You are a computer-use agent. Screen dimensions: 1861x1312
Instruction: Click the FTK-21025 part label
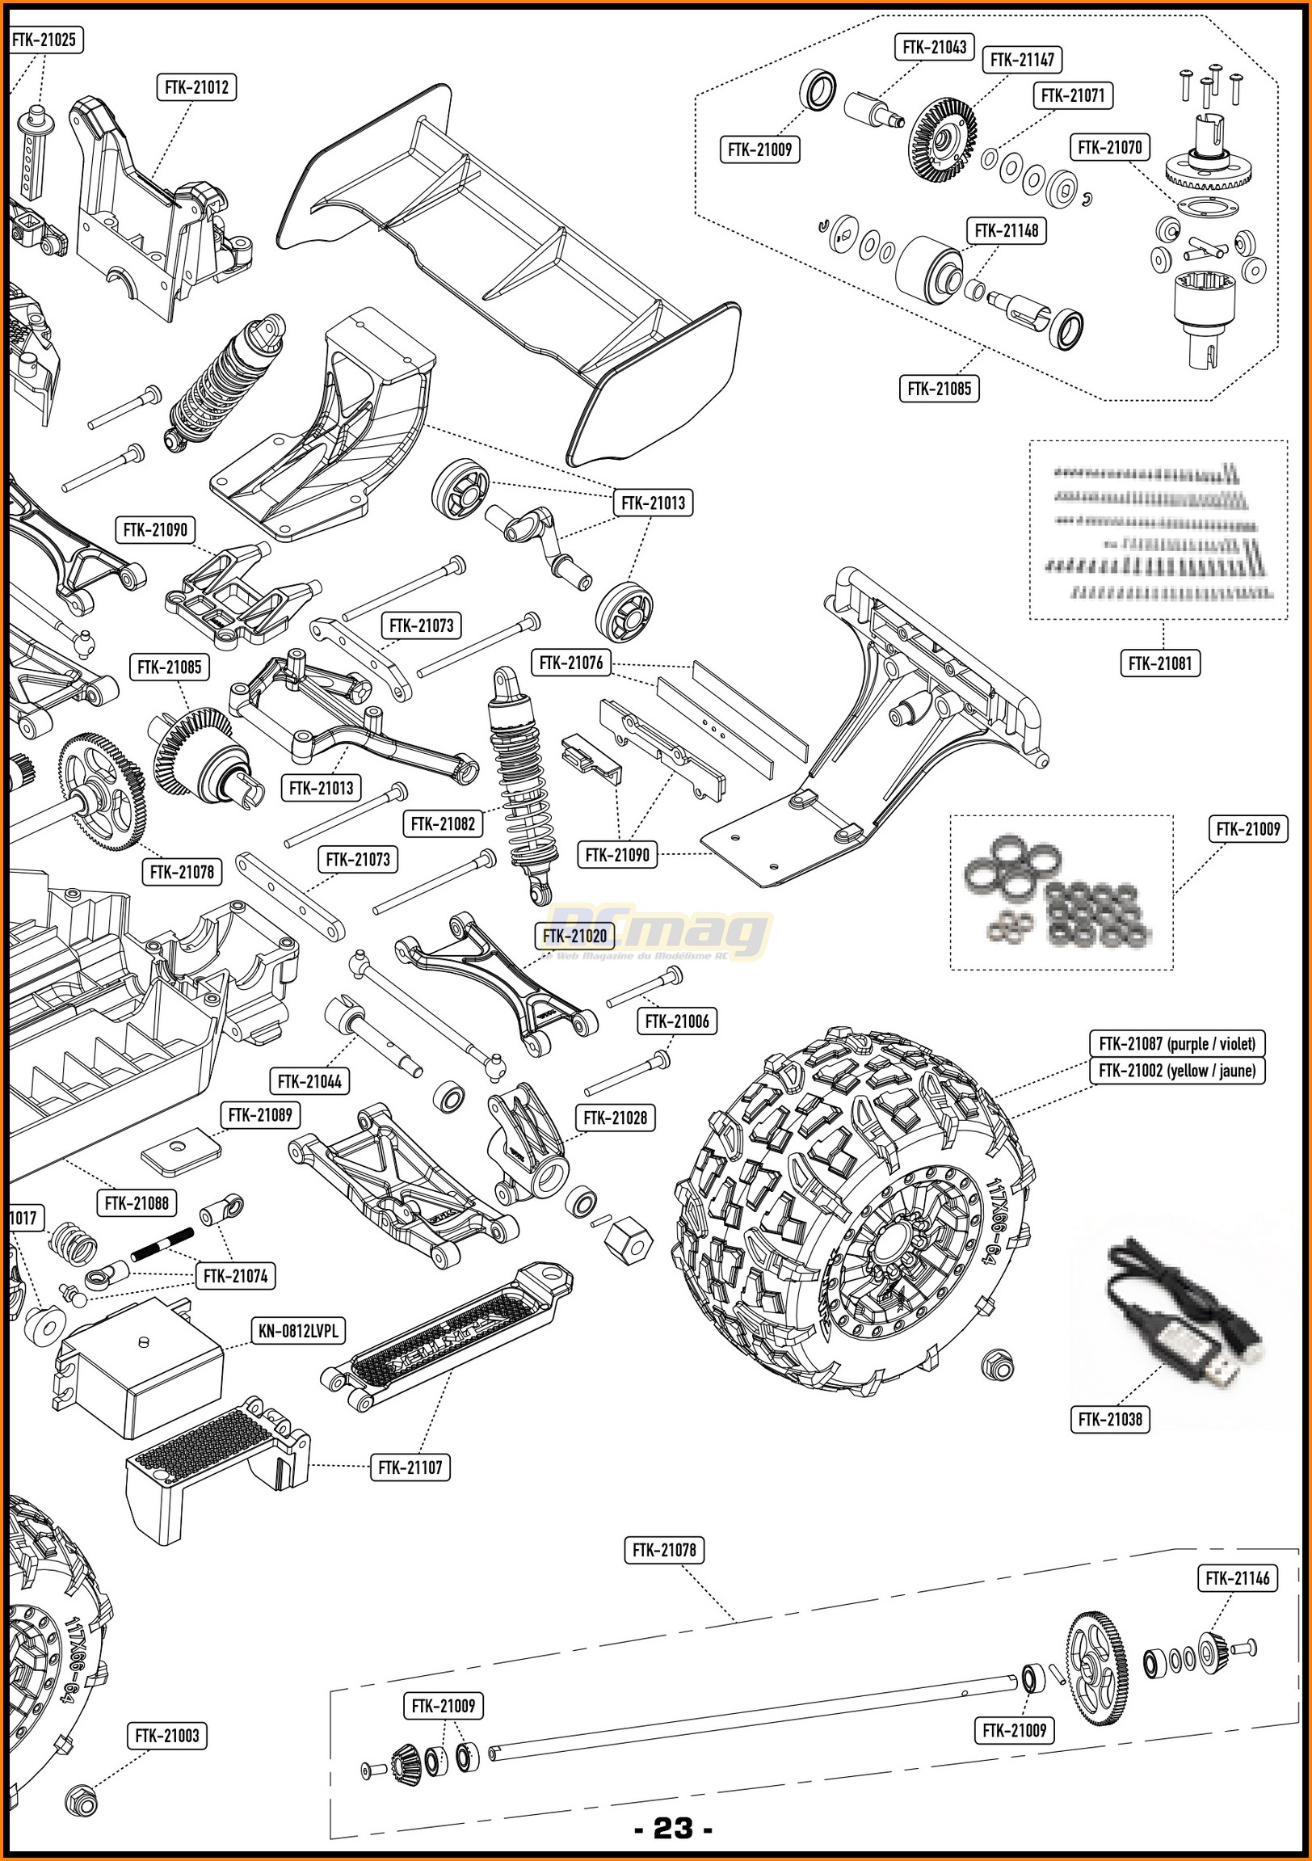[x=44, y=40]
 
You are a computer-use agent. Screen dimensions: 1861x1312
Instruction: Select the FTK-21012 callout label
[x=196, y=87]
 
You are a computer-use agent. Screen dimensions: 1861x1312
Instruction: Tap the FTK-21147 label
[x=1022, y=60]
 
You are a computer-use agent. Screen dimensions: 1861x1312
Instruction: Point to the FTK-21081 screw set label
[x=1160, y=663]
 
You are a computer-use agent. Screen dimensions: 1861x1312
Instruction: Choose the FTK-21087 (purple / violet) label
[x=1176, y=1044]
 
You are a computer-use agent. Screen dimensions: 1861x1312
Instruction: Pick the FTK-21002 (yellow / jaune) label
[x=1176, y=1071]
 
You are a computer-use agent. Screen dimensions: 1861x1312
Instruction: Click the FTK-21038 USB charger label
[x=1109, y=1419]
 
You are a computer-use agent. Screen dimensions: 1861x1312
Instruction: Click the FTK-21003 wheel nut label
[x=167, y=1737]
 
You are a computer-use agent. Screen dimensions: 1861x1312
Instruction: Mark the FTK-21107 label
[x=410, y=1467]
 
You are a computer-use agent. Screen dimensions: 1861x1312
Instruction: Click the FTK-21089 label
[x=260, y=1115]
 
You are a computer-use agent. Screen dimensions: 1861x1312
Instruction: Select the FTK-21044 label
[x=309, y=1081]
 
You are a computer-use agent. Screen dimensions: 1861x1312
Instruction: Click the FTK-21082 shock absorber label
[x=443, y=824]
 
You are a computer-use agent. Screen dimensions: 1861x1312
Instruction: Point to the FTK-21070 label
[x=1109, y=148]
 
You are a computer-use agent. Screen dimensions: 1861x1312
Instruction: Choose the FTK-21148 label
[x=1007, y=231]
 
